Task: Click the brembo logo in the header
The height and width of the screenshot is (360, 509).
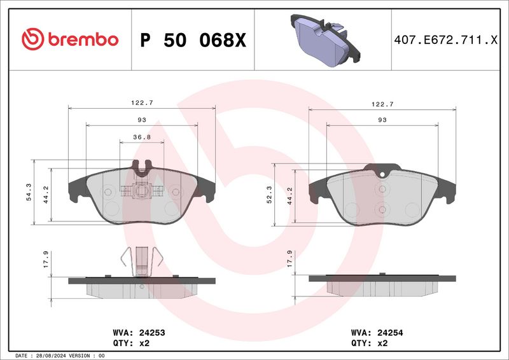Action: (70, 39)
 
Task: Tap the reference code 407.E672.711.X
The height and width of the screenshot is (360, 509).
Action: (446, 40)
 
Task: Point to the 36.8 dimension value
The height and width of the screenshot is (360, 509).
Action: (141, 137)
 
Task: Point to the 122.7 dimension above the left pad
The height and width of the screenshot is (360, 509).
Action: (141, 102)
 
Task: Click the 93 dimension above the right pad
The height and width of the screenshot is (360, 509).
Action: (382, 120)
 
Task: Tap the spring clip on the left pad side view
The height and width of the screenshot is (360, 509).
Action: (141, 261)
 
